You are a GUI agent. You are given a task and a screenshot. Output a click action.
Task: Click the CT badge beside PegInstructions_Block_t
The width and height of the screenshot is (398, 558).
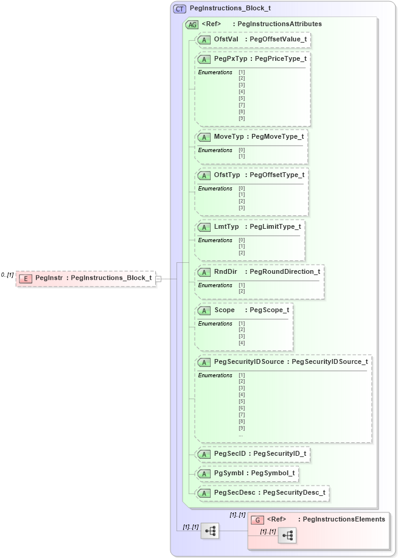180,9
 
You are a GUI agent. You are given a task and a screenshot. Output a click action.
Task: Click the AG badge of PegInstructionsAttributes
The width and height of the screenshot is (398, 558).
192,24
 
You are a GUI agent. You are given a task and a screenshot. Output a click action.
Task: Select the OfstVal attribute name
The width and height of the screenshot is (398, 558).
226,40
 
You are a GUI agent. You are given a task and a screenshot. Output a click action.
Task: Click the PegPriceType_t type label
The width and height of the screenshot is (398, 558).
281,59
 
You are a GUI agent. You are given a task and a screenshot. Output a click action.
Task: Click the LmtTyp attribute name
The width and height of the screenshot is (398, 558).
226,226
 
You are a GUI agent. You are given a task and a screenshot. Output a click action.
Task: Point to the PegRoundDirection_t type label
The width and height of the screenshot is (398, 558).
284,271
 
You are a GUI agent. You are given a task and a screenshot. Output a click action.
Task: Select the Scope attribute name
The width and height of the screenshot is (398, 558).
224,310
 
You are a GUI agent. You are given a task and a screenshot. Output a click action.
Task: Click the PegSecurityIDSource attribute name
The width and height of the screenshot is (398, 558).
249,361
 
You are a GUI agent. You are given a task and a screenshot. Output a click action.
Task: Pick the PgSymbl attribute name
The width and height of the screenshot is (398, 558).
229,473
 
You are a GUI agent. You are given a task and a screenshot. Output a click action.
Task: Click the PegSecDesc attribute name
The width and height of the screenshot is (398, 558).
234,492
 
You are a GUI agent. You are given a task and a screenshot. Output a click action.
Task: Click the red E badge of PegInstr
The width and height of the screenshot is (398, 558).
26,278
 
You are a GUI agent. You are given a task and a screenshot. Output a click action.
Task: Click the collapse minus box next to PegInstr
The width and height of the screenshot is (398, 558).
158,278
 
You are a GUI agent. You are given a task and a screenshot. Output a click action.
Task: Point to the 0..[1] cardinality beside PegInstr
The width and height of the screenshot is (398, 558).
7,275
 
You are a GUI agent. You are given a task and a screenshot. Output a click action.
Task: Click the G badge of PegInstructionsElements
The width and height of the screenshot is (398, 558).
257,520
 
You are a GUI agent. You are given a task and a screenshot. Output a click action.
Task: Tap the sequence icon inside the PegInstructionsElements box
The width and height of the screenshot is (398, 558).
287,535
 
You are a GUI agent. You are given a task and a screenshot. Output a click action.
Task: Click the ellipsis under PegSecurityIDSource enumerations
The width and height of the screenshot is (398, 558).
241,435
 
